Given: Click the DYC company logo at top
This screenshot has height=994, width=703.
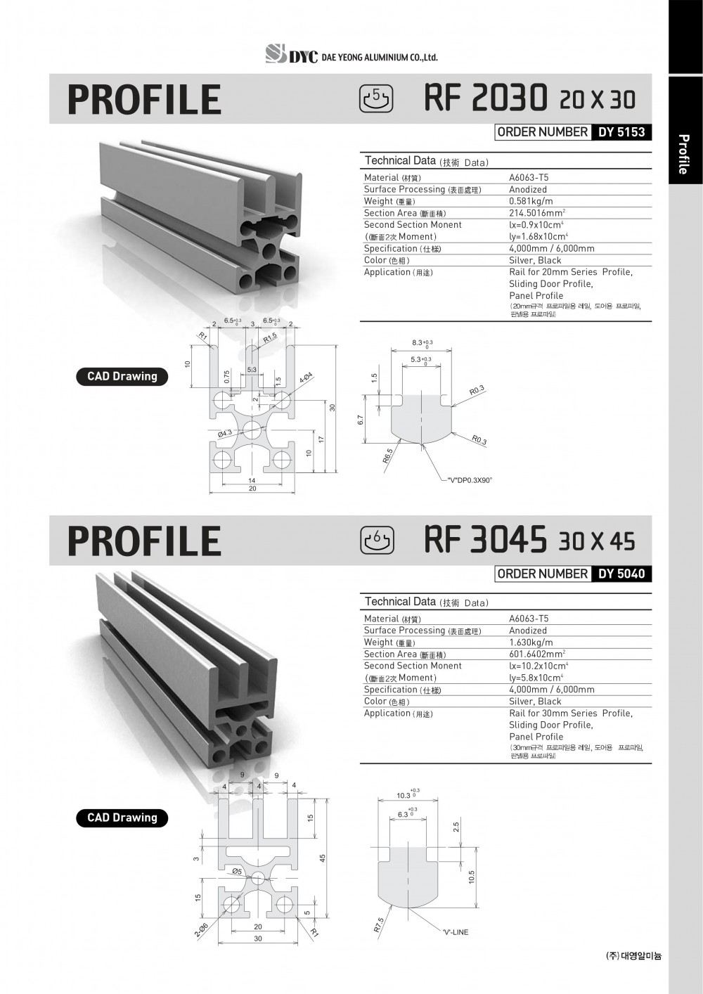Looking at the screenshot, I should click(292, 55).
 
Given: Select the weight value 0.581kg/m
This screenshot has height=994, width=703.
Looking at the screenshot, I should click(531, 201).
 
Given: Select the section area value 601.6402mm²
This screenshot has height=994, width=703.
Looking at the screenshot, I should click(537, 654).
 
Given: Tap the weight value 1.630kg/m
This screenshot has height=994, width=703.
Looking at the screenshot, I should click(531, 642).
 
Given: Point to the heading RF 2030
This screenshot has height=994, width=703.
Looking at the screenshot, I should click(485, 98).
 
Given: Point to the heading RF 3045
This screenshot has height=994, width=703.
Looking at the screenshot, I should click(485, 540).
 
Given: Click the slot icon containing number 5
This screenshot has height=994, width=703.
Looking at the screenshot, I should click(377, 98).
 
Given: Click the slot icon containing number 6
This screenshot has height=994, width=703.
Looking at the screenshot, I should click(377, 540).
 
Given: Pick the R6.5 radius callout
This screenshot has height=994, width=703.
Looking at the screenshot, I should click(387, 456).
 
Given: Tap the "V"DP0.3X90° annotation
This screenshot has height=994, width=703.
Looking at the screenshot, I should click(470, 480).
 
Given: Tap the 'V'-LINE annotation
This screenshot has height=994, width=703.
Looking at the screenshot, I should click(455, 932).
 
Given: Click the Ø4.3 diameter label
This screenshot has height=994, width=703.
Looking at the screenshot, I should click(225, 433).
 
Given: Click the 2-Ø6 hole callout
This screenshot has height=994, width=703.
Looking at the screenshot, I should click(201, 930).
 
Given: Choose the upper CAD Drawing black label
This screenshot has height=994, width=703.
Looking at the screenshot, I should click(122, 376).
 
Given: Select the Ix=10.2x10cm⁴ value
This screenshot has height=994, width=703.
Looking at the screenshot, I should click(538, 666).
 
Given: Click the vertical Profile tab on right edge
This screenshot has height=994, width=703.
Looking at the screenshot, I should click(683, 154).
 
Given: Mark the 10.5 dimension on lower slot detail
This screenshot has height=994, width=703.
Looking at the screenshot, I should click(472, 877).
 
